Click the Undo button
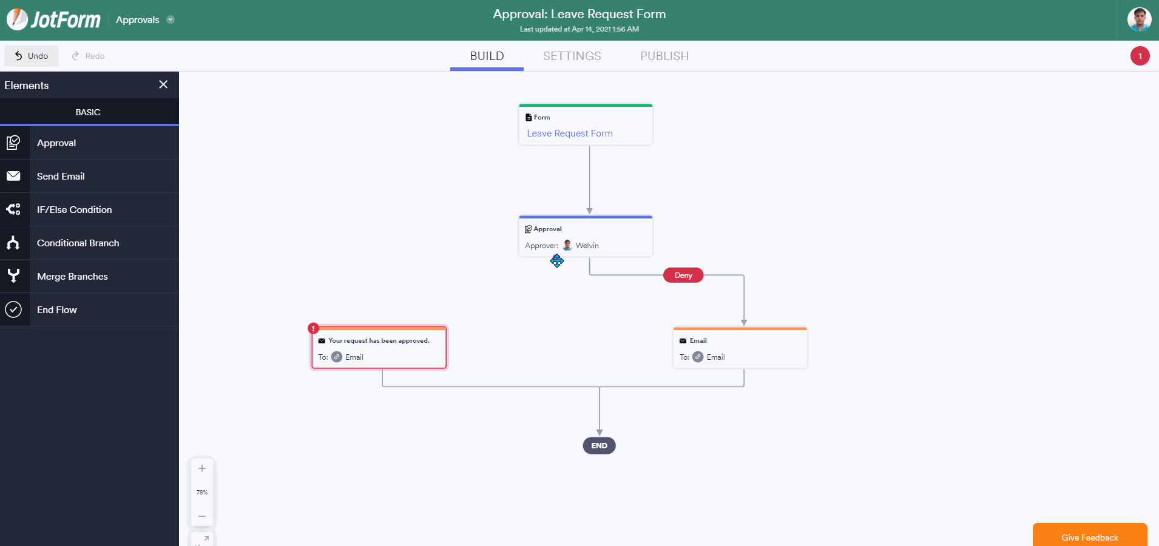[32, 56]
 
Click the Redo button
[88, 56]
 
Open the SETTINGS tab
[572, 56]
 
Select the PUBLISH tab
[664, 56]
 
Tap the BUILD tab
[487, 56]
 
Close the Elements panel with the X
[163, 84]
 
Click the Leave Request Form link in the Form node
[570, 133]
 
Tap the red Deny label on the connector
[683, 275]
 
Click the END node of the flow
[600, 446]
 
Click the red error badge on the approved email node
[313, 328]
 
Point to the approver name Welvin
[587, 246]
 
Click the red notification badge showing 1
[1140, 56]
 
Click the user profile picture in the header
[1140, 19]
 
